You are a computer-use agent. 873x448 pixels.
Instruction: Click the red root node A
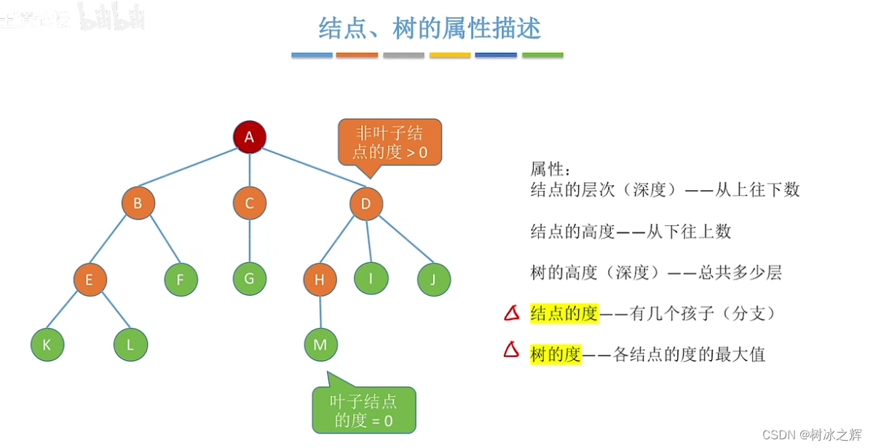(x=250, y=137)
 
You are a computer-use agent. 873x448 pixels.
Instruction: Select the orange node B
(x=138, y=203)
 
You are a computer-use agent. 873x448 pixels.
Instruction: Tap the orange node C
(x=250, y=203)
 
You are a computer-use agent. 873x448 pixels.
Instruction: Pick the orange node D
(x=366, y=203)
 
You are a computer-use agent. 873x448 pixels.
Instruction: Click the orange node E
(x=90, y=279)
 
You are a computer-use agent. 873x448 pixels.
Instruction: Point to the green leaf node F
(x=181, y=279)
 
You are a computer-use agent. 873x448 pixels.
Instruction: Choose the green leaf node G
(x=250, y=278)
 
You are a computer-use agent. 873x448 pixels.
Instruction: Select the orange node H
(x=320, y=279)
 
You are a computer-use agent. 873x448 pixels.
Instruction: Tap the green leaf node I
(x=371, y=278)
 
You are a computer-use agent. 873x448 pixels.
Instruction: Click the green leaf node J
(x=434, y=279)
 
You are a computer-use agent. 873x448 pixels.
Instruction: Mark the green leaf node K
(x=47, y=345)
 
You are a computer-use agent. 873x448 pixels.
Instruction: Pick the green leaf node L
(x=131, y=345)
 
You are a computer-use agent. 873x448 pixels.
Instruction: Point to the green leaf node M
(x=320, y=345)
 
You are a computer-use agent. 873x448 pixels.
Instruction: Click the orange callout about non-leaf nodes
(x=390, y=143)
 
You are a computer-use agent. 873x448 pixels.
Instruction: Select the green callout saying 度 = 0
(x=363, y=410)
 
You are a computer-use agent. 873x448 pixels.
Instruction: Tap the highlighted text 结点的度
(x=564, y=313)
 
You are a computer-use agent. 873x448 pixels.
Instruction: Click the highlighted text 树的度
(x=556, y=354)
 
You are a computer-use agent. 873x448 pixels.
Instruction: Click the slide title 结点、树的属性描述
(x=430, y=28)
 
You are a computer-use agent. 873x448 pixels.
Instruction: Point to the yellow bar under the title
(x=449, y=55)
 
